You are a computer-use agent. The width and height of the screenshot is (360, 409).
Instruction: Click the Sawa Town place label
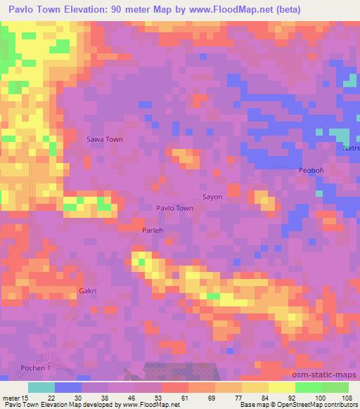[104, 139]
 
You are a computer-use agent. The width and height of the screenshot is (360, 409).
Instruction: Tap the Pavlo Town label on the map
[174, 208]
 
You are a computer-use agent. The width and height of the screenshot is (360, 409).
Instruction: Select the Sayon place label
[212, 197]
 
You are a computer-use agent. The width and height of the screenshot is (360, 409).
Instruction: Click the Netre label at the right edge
[351, 149]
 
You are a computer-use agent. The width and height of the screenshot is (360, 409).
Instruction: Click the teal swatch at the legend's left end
[41, 387]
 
